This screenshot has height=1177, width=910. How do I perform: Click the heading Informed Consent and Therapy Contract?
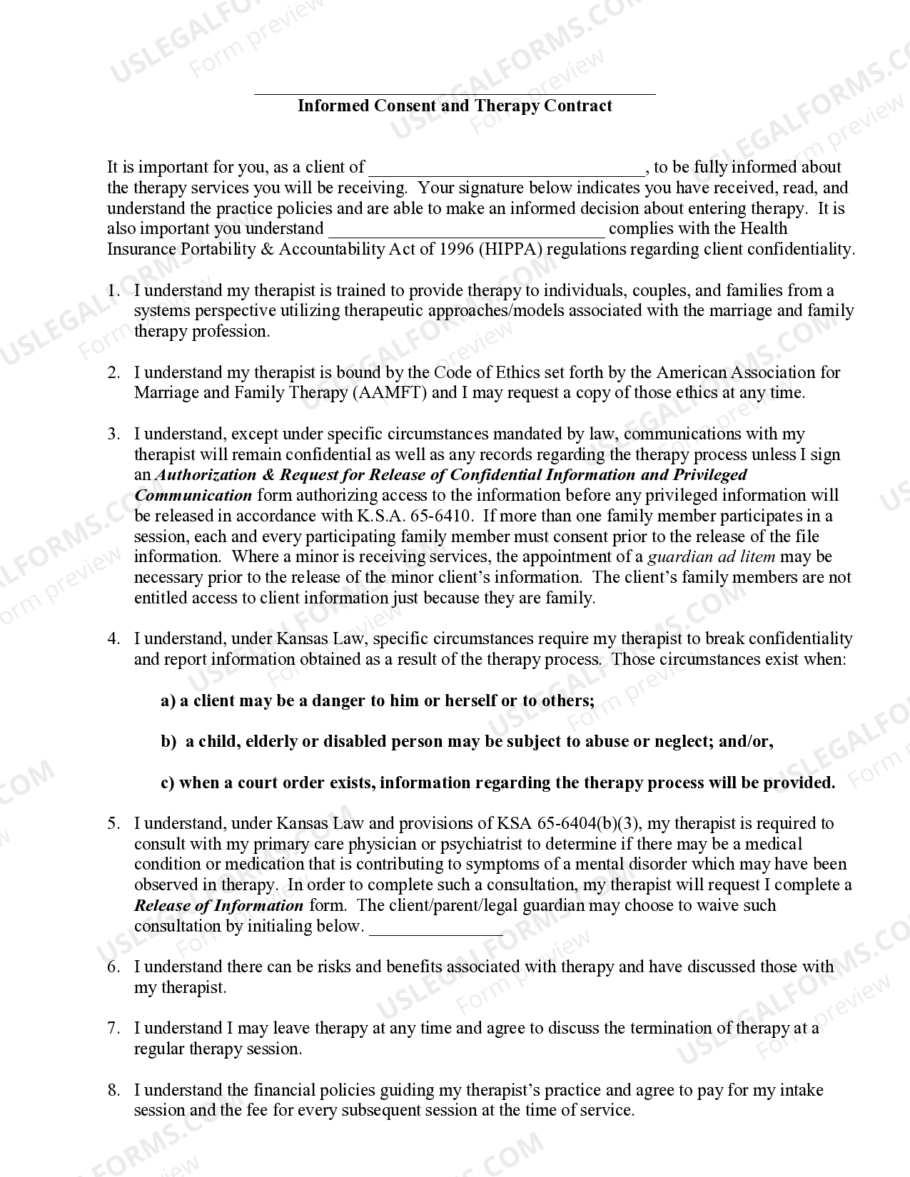pos(455,106)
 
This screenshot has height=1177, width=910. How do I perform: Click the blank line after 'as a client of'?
pos(505,171)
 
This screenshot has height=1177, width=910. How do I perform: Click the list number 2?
pos(113,373)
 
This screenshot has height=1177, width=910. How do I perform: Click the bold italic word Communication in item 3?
pos(193,496)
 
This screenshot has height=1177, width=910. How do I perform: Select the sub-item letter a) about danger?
pos(168,701)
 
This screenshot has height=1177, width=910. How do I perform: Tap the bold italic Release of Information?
pos(219,906)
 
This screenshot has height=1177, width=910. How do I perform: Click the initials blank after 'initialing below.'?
pos(436,930)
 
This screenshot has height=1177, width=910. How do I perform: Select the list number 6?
pos(113,968)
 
